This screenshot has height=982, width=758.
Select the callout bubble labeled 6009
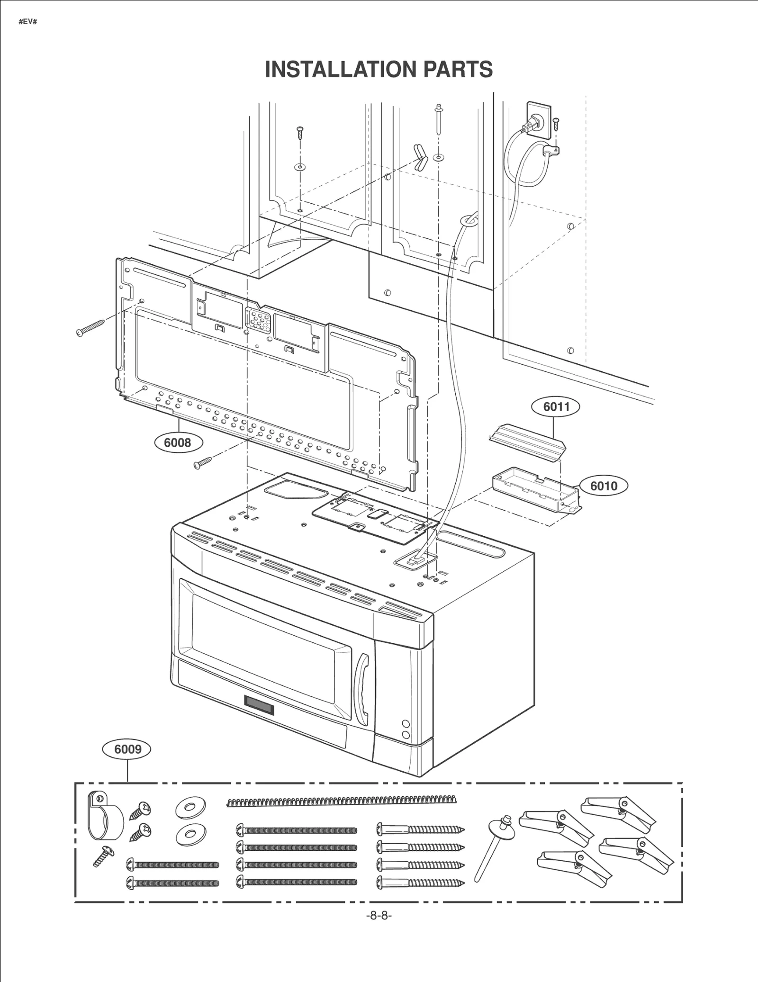pyautogui.click(x=127, y=749)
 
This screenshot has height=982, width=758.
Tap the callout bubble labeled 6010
pyautogui.click(x=603, y=486)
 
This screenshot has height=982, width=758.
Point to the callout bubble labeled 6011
pyautogui.click(x=556, y=406)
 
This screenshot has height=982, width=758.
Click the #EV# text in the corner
pyautogui.click(x=27, y=22)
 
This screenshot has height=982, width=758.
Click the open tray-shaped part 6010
pyautogui.click(x=536, y=493)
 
